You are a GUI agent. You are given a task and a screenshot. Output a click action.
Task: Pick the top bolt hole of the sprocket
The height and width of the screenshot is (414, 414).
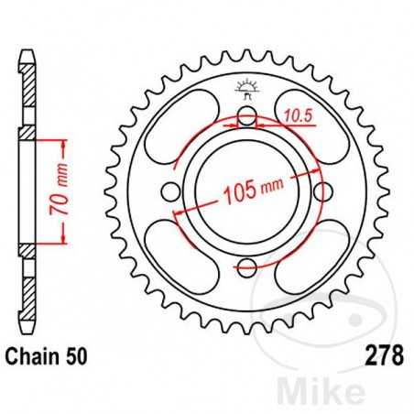245,116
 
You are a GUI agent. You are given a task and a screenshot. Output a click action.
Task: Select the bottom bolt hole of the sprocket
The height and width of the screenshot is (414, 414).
245,267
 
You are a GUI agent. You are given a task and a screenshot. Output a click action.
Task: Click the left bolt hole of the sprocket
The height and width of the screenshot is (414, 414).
170,191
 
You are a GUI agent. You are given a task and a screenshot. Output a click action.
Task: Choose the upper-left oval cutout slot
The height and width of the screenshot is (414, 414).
180,129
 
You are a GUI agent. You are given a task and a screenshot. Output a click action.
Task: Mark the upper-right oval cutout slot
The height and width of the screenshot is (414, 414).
310,130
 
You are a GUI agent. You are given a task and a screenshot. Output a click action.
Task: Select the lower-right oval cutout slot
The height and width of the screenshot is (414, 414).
309,255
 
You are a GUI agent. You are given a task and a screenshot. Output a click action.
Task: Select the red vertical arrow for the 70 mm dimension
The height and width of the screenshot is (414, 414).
64,192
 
